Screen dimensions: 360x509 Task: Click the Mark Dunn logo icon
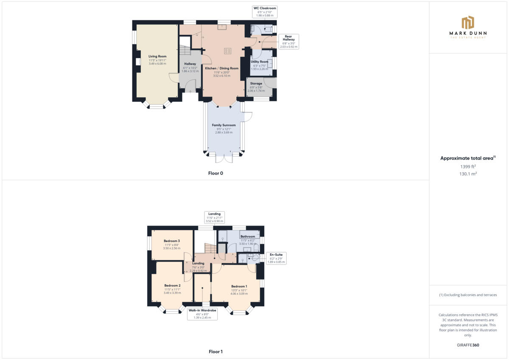click(x=468, y=22)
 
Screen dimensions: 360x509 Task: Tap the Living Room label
click(x=157, y=56)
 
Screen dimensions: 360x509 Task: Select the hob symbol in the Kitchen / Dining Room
click(x=227, y=51)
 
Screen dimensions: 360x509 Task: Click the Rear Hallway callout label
click(x=288, y=42)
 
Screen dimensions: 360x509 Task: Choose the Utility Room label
click(x=260, y=62)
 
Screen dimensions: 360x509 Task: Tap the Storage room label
click(x=256, y=84)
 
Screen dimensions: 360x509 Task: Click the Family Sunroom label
click(x=224, y=125)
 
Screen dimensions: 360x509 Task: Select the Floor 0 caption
click(x=215, y=173)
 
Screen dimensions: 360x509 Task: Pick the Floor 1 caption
click(x=215, y=352)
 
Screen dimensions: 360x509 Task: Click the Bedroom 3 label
click(x=172, y=241)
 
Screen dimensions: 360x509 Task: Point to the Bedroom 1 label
click(x=239, y=286)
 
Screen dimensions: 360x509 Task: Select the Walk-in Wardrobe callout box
click(x=202, y=314)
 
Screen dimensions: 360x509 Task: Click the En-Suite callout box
click(x=276, y=258)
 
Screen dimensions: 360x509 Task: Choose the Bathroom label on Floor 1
click(x=248, y=236)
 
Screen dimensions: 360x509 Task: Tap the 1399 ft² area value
click(x=461, y=166)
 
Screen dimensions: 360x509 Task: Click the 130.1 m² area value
click(x=461, y=173)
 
